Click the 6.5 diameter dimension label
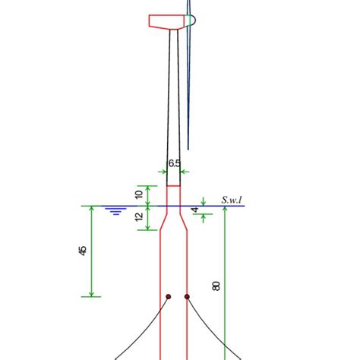click(x=174, y=163)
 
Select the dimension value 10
click(x=138, y=195)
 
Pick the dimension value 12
click(x=138, y=219)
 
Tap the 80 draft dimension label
click(x=216, y=286)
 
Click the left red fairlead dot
click(x=169, y=297)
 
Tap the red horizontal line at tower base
click(x=174, y=185)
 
